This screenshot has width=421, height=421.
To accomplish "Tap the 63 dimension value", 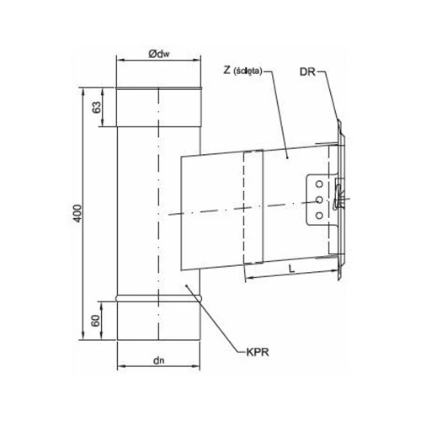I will tap(96, 107).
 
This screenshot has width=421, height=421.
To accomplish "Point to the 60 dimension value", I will tap(96, 319).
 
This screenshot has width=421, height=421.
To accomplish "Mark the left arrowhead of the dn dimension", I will tap(118, 368).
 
